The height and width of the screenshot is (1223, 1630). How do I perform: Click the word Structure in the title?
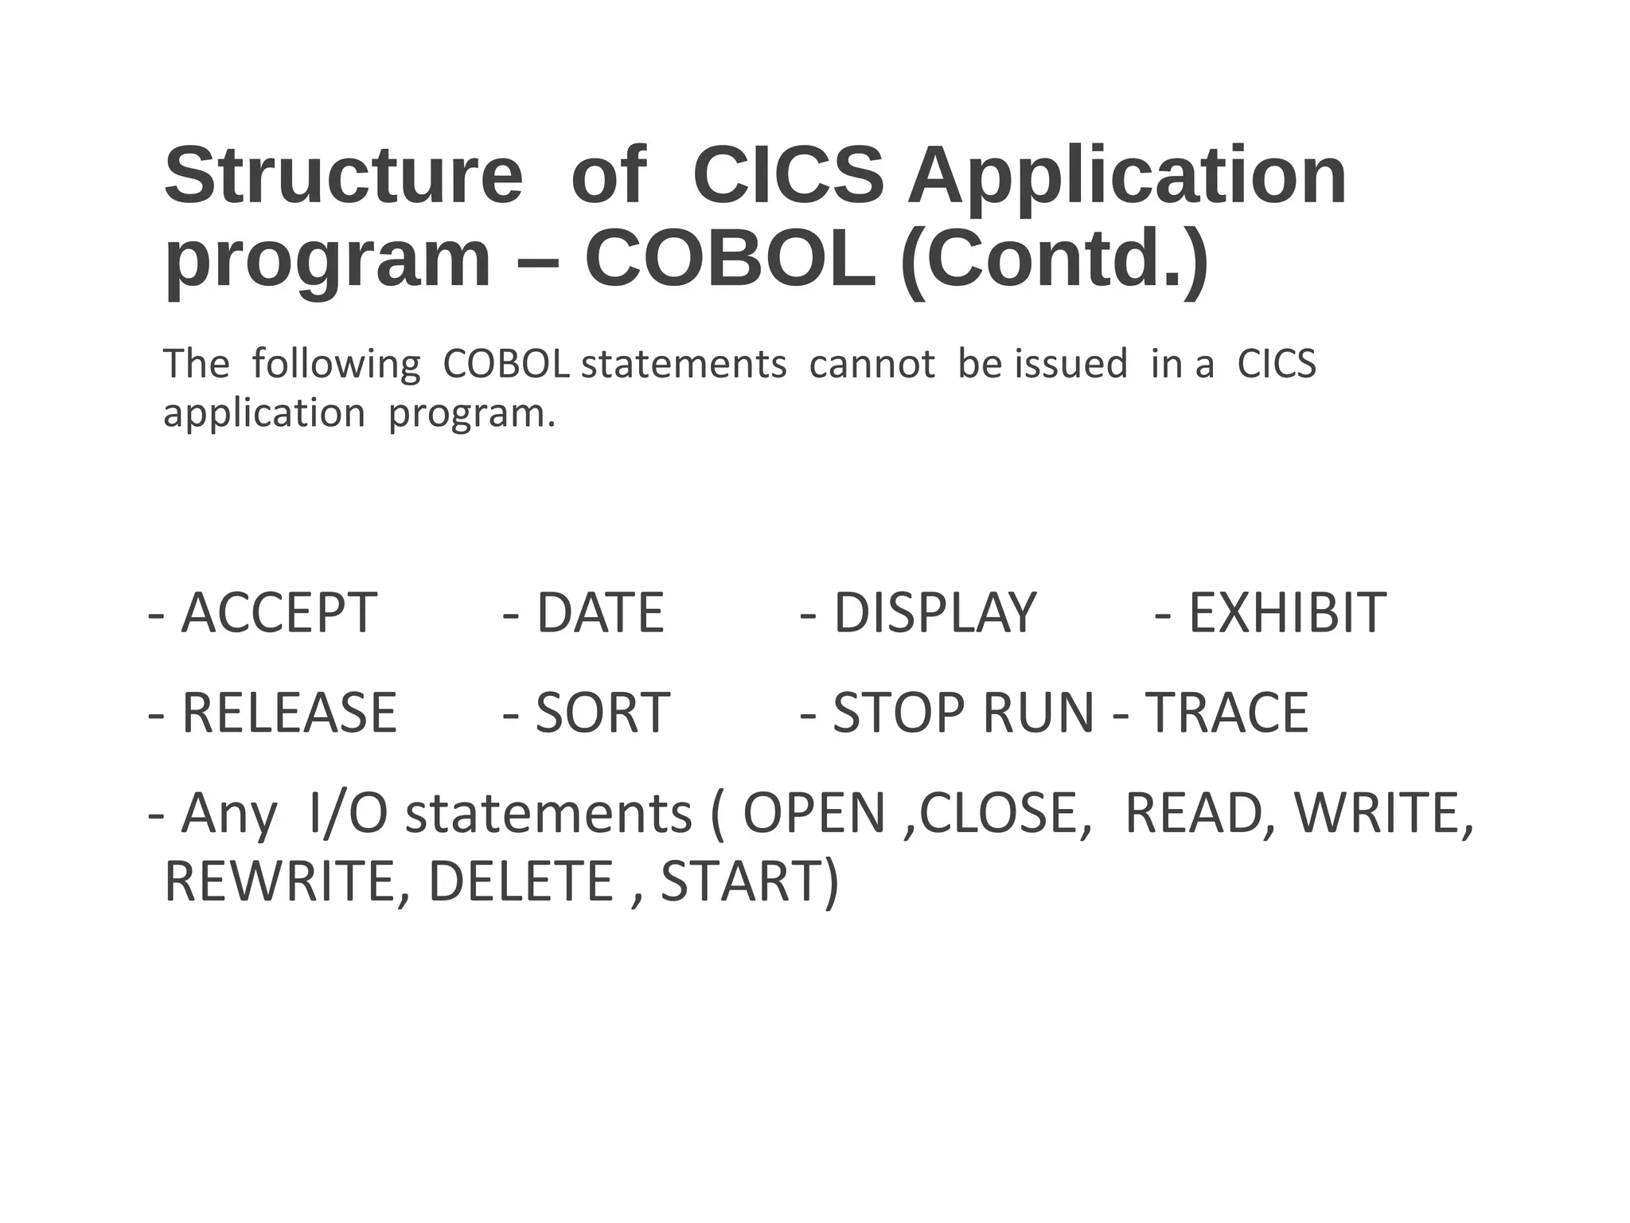[343, 176]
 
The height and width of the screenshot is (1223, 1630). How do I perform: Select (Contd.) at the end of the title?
[1055, 260]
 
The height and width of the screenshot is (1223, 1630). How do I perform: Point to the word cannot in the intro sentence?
[872, 364]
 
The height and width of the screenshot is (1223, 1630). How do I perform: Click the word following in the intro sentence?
[336, 365]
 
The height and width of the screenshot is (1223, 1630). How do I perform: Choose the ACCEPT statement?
[279, 613]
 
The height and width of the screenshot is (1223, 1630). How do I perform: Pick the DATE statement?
[600, 613]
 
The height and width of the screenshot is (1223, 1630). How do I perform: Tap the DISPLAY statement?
[934, 613]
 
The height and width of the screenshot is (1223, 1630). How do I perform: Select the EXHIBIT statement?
[1287, 613]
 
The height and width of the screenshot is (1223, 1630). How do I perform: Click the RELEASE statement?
[289, 713]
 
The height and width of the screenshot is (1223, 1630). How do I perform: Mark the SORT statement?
[602, 713]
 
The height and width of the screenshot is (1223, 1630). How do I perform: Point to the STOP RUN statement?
[963, 713]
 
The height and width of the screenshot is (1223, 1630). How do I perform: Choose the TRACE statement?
[1226, 713]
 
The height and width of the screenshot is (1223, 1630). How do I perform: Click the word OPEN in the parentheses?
[813, 814]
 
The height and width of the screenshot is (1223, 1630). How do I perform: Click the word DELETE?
[521, 881]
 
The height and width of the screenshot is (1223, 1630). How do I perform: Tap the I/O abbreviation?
[347, 814]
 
